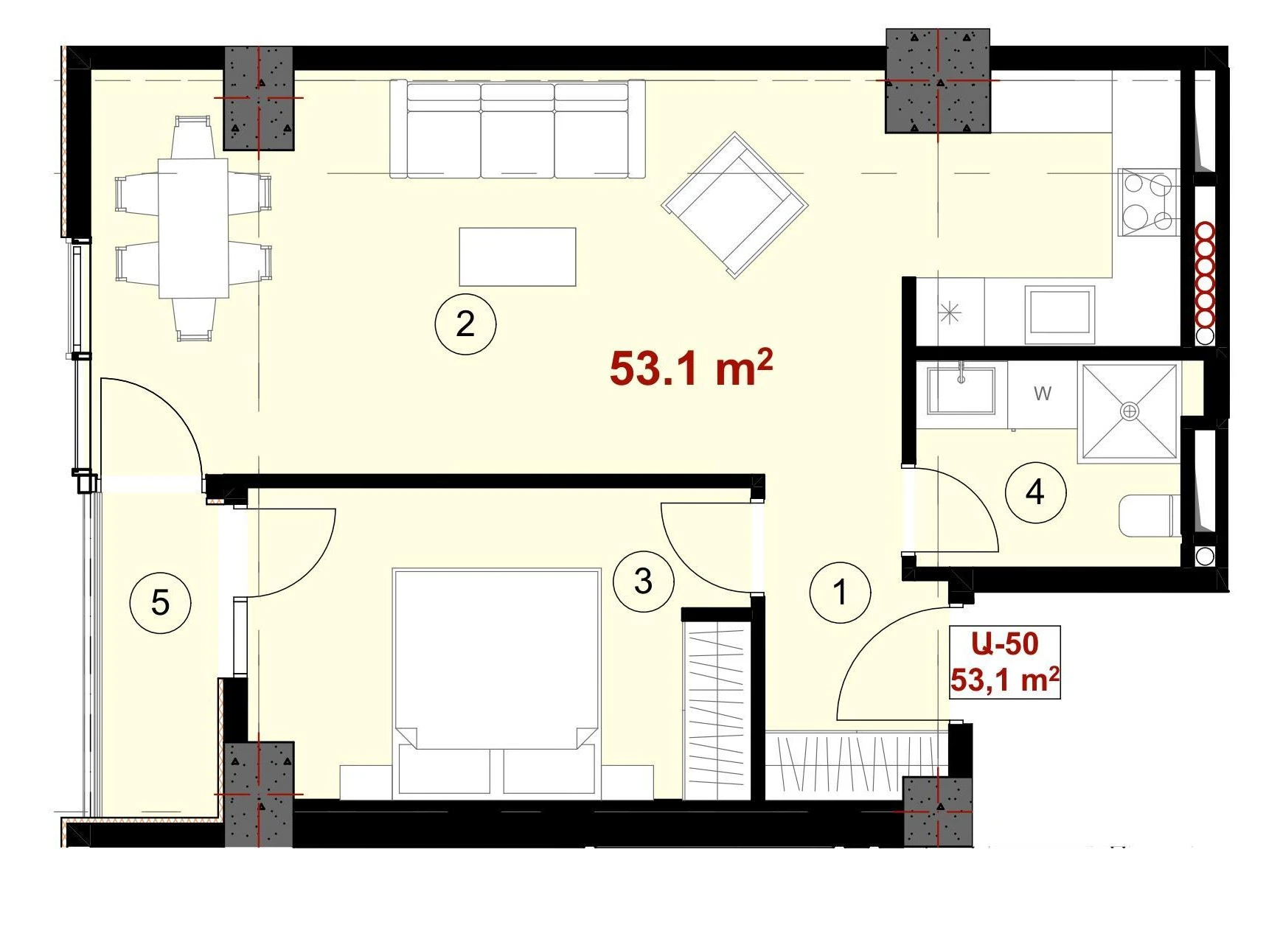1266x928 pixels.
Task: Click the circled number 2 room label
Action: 465,324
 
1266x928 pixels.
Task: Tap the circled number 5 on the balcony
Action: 160,603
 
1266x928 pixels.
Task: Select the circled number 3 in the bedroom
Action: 643,581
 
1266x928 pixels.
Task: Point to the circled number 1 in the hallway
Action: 840,592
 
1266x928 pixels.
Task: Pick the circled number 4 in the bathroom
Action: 1035,492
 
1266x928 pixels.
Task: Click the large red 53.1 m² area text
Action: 691,368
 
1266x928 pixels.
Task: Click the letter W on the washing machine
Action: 1042,394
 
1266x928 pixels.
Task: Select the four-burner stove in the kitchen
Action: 1148,202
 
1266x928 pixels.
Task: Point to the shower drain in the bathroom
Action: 1129,411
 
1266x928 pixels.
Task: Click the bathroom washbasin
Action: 961,390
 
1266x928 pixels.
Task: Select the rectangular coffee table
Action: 517,257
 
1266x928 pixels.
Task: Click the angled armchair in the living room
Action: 734,205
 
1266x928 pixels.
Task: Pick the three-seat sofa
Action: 517,129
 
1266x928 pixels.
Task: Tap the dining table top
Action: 193,228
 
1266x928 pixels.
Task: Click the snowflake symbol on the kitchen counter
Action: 950,314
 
